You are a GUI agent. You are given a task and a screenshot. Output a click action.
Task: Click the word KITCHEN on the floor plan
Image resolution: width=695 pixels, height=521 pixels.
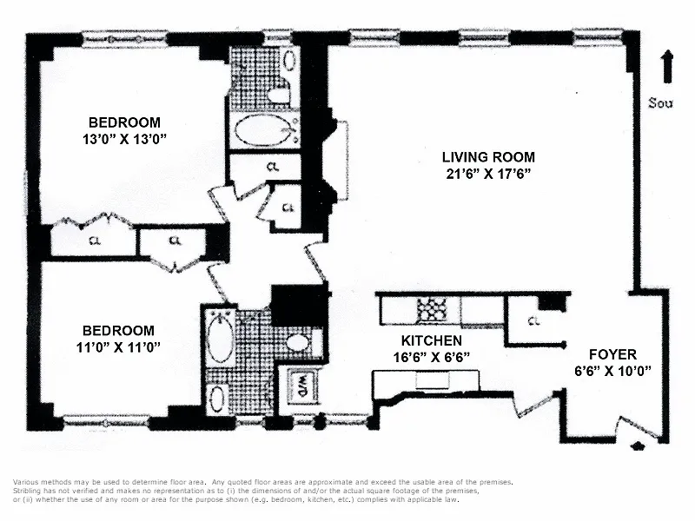tap(431, 340)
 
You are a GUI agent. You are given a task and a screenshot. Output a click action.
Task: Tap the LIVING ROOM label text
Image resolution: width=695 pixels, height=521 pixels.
tap(488, 157)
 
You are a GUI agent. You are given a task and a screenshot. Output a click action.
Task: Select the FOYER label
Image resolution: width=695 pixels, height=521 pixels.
tap(612, 354)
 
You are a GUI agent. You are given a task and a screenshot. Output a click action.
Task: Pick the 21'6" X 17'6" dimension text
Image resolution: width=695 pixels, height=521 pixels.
tap(488, 173)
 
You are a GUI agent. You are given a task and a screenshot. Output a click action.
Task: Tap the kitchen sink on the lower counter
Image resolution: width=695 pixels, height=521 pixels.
tap(431, 379)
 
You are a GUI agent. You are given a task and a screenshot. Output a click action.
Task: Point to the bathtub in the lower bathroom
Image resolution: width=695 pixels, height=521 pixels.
tap(218, 340)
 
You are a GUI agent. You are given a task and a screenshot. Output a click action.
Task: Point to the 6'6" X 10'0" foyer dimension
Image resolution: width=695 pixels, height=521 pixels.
tap(612, 370)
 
